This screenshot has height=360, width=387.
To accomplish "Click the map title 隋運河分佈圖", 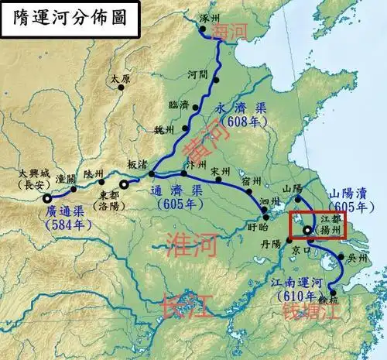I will coord(65,18).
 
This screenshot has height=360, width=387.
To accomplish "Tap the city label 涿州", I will coord(211,17).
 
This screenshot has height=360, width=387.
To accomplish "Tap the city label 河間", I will coord(199,75).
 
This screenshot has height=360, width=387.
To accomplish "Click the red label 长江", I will coord(183,307).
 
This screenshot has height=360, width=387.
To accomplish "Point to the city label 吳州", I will coord(355,256).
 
